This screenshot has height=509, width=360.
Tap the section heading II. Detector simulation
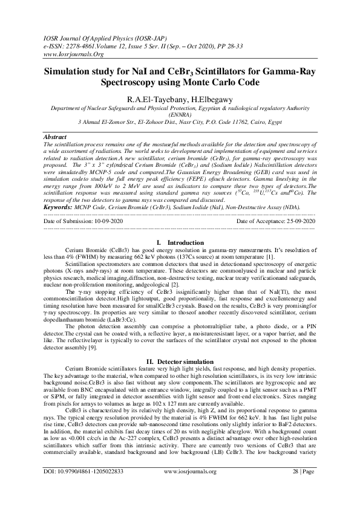[180, 361]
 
